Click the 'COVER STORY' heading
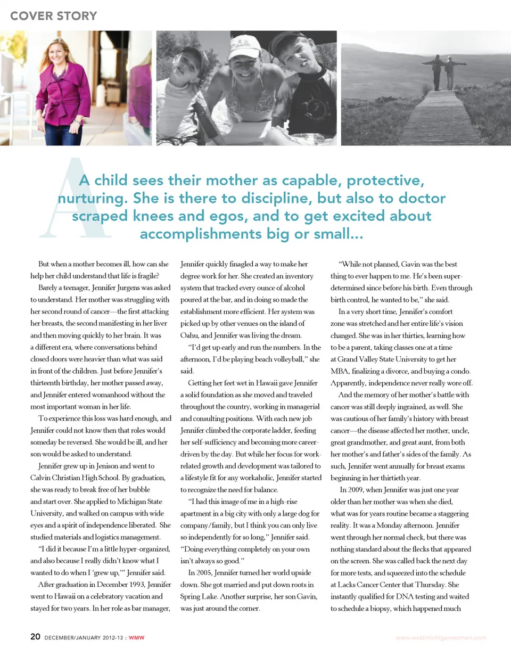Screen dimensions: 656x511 (53, 15)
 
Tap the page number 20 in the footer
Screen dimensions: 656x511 (35, 637)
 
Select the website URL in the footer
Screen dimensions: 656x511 (441, 637)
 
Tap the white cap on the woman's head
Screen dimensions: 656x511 (244, 45)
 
